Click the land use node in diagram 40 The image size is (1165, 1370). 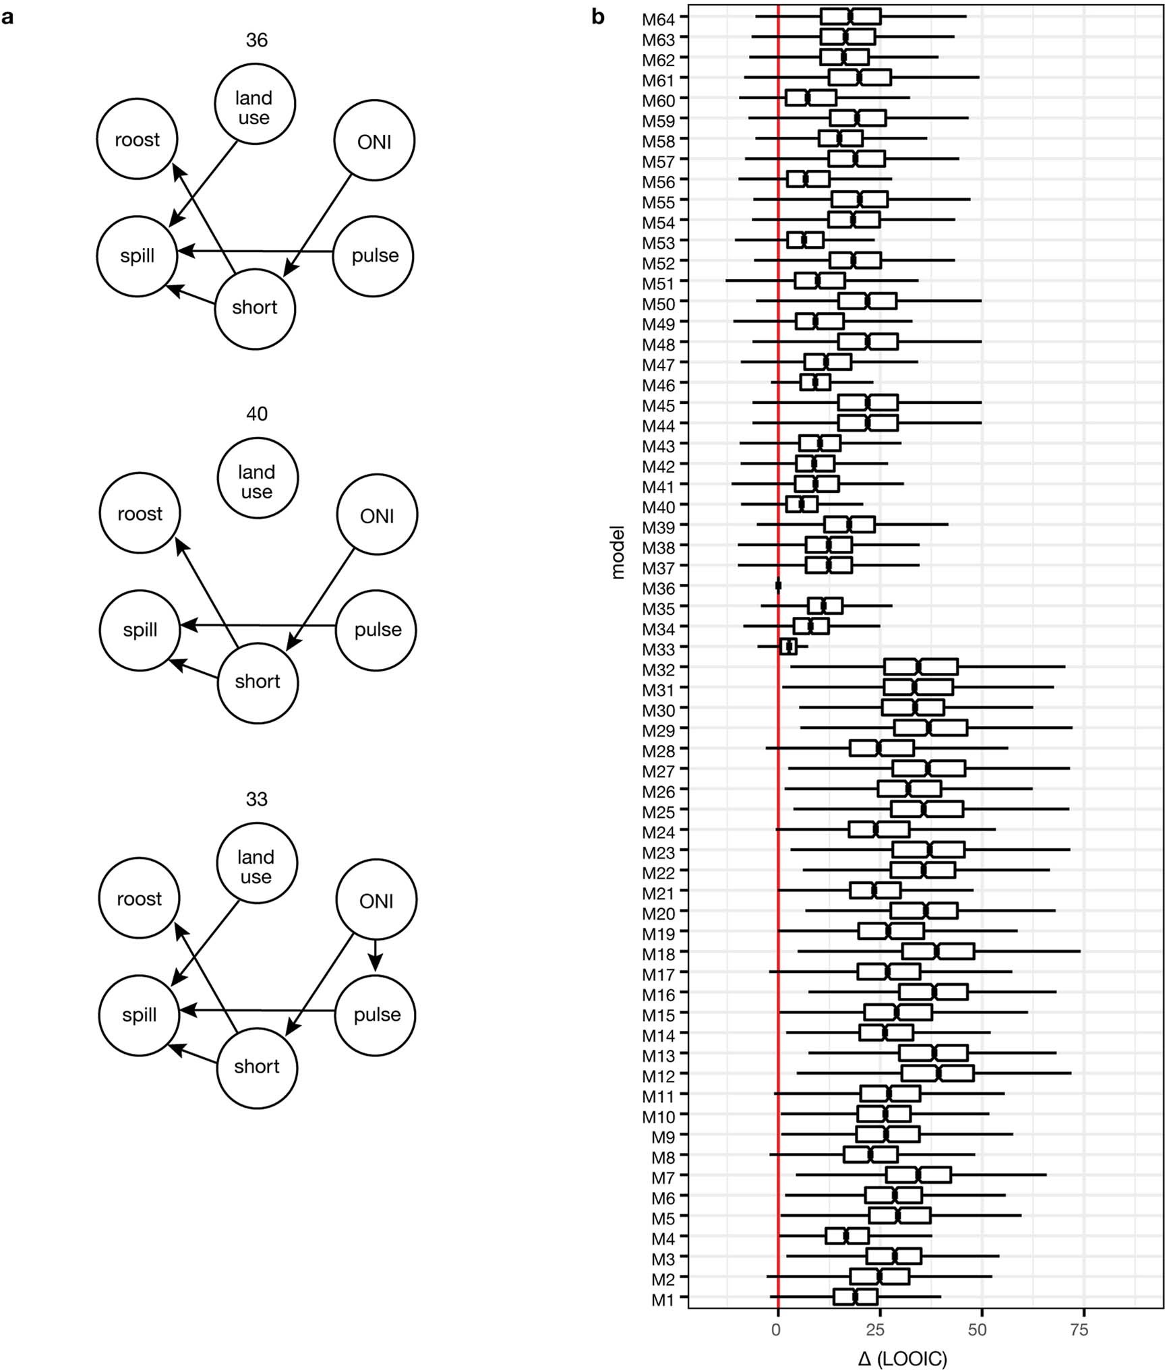tap(258, 478)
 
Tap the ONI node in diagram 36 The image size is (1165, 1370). tap(374, 141)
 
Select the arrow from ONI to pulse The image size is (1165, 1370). tap(376, 955)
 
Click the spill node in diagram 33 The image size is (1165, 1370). tap(139, 1015)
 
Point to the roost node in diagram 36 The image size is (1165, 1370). tap(138, 140)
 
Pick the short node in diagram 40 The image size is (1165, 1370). tap(258, 683)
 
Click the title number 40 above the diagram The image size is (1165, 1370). tap(257, 413)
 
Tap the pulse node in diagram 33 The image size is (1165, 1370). tap(376, 1015)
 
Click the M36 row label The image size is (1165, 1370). tap(658, 589)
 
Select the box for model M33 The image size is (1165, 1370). tap(788, 647)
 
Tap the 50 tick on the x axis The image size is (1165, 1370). tap(977, 1330)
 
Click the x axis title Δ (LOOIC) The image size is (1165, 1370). tap(902, 1358)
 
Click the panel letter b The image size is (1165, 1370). tap(598, 18)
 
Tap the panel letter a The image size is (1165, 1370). tap(7, 18)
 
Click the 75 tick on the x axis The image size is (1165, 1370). tap(1079, 1330)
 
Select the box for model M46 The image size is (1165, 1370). tap(814, 382)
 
